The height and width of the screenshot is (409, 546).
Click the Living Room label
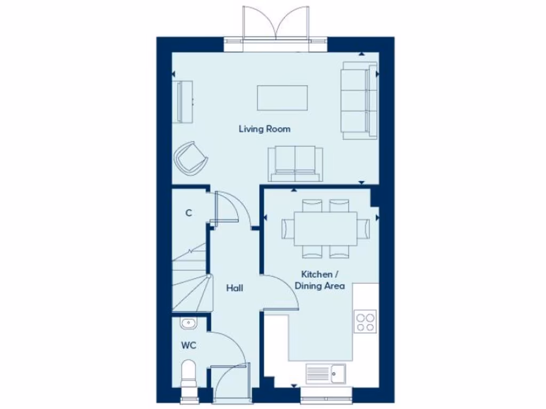[x=264, y=129]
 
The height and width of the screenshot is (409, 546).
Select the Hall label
[x=235, y=288]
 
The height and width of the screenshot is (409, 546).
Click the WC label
[x=189, y=346]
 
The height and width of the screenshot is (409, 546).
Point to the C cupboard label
[x=188, y=213]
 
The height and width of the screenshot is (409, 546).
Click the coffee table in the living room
[x=283, y=97]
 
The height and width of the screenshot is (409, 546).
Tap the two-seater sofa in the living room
[x=295, y=163]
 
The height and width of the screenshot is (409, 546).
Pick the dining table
[x=326, y=228]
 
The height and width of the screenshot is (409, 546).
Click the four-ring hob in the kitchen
[x=365, y=322]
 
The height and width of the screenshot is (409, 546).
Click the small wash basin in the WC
[x=188, y=323]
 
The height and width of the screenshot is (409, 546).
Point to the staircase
[x=191, y=282]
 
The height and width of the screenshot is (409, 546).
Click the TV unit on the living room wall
[x=182, y=102]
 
